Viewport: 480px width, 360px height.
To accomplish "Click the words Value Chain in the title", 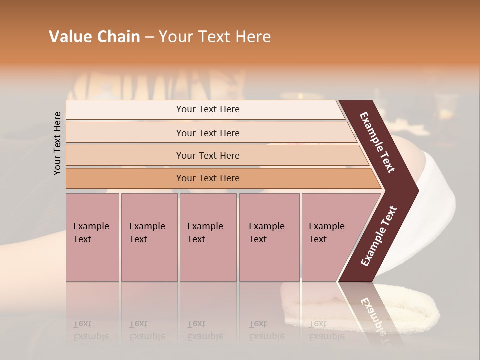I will (x=94, y=37).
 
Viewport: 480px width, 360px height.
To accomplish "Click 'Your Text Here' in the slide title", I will (x=215, y=37).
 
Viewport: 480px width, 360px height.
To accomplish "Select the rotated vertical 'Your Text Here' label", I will (x=57, y=143).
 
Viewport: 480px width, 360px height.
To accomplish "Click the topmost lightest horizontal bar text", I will (x=208, y=109).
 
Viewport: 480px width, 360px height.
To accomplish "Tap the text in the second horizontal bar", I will (x=208, y=133).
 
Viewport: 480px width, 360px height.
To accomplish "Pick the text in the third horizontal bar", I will (x=208, y=156).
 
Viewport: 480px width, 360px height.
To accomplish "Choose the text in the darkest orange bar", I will (x=208, y=178).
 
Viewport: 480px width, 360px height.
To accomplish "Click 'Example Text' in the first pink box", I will (x=91, y=233).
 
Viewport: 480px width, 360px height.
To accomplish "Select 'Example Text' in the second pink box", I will (x=147, y=233).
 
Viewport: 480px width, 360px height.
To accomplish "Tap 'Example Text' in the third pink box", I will (x=205, y=233).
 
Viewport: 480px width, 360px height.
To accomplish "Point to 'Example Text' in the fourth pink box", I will (x=266, y=233).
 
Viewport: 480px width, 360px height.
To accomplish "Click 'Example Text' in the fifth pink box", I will (x=326, y=233).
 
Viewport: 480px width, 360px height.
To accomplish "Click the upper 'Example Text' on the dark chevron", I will (x=377, y=142).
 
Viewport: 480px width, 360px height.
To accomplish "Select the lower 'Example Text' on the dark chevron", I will (x=379, y=236).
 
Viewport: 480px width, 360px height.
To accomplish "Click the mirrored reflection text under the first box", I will (x=91, y=330).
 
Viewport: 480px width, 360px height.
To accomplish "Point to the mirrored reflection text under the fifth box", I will (x=326, y=330).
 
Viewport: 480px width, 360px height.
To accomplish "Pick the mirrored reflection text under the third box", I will (x=205, y=330).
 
